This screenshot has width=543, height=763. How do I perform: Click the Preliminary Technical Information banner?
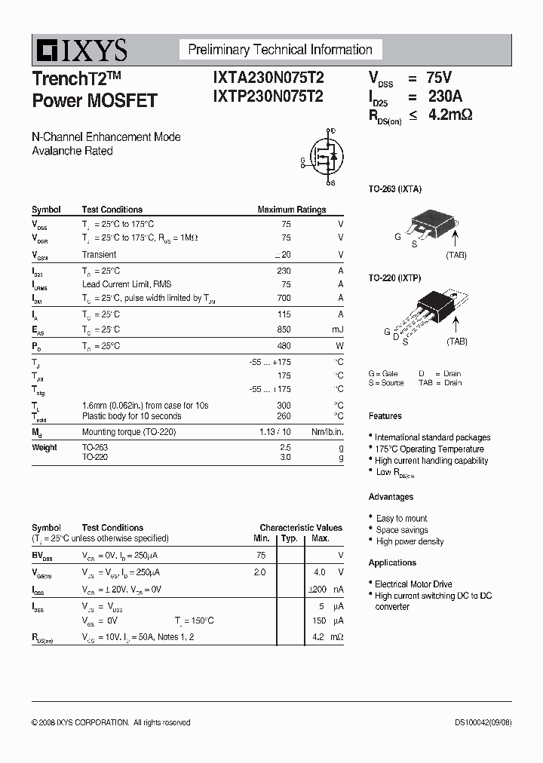(280, 50)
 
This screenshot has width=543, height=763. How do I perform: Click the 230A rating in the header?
(445, 97)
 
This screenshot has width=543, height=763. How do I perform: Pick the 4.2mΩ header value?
(450, 115)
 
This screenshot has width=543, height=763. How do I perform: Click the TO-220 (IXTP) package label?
(394, 278)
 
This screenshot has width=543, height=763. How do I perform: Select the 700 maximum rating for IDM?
(284, 299)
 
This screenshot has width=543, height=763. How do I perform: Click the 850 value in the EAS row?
(284, 329)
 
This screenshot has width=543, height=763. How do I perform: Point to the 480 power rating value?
(284, 346)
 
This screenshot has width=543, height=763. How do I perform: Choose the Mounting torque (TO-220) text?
(131, 431)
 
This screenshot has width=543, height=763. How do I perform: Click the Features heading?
(385, 416)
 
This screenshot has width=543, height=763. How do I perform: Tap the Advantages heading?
(391, 497)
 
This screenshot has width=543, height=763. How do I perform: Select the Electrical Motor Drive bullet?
(413, 584)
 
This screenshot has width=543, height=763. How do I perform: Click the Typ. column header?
(289, 538)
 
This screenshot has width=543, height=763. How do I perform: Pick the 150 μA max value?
(319, 621)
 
